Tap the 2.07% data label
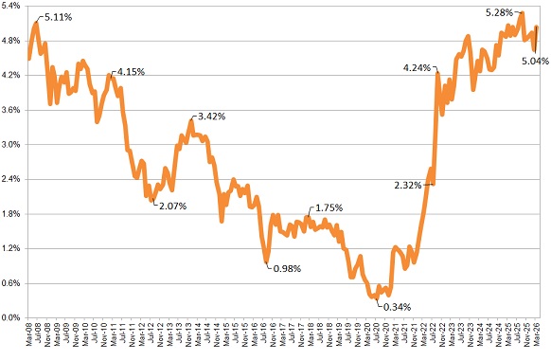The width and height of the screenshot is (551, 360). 171,206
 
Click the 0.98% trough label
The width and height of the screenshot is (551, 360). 287,268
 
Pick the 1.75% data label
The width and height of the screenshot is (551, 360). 329,207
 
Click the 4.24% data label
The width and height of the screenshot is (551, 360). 417,67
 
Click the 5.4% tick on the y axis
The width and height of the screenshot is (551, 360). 12,7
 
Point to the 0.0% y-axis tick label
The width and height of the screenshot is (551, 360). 12,317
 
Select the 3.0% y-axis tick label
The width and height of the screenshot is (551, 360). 12,145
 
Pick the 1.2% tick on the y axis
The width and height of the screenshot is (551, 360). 12,248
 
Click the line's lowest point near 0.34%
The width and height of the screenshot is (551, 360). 376,297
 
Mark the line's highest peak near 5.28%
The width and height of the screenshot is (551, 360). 522,13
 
